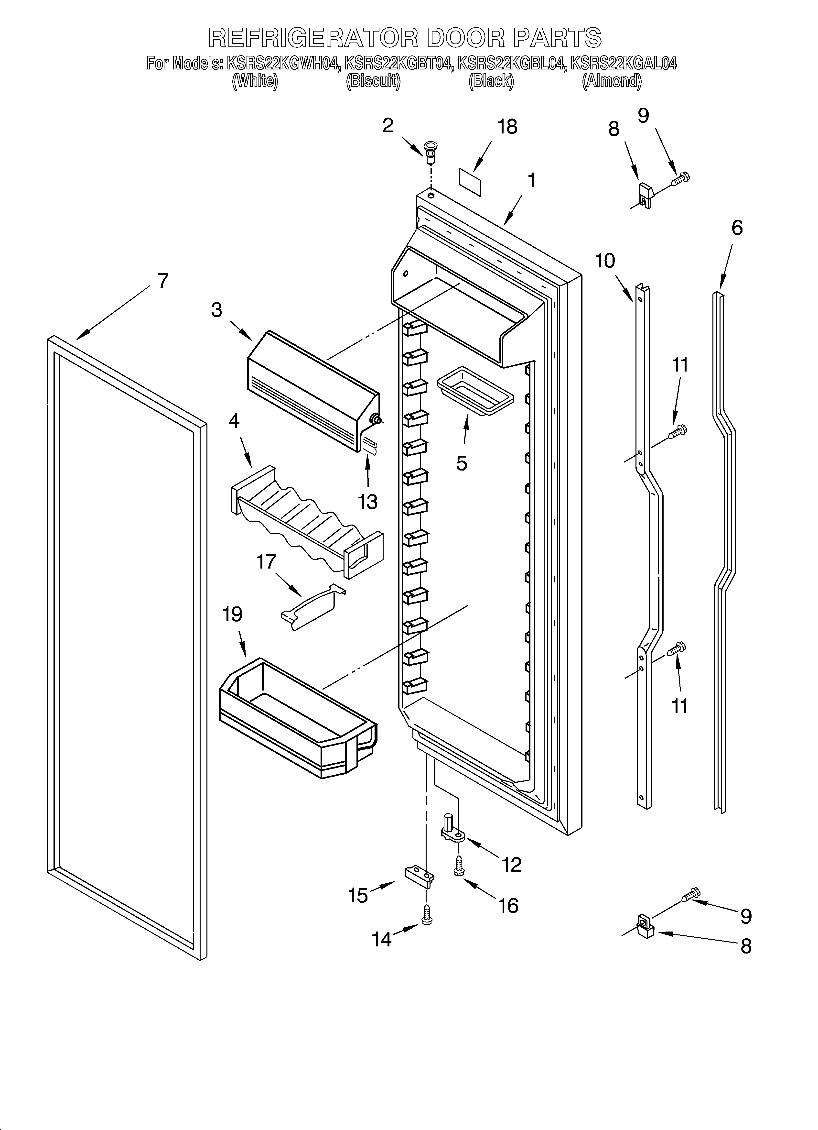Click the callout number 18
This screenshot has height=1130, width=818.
[507, 127]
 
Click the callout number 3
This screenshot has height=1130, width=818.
[216, 310]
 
